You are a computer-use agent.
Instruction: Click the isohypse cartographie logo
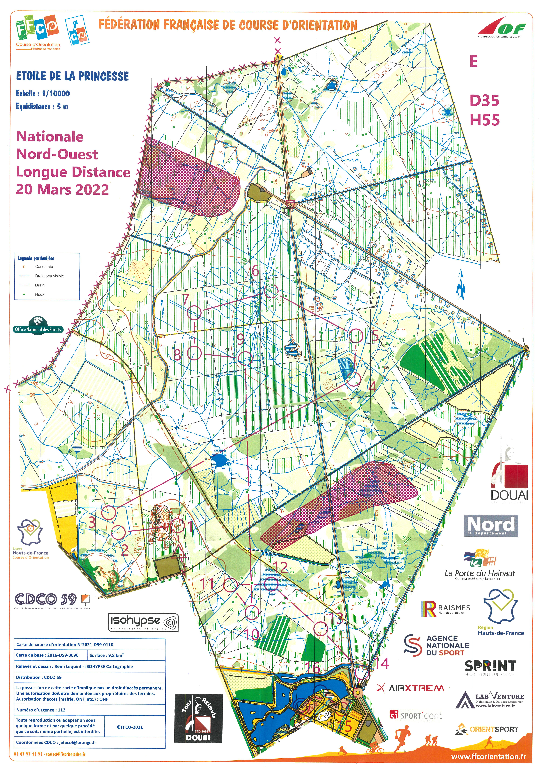click(143, 622)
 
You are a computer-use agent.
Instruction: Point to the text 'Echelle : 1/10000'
click(43, 93)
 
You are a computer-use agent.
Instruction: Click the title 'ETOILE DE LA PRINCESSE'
click(73, 76)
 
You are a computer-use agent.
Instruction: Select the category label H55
click(485, 120)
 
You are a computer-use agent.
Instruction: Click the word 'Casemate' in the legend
click(44, 267)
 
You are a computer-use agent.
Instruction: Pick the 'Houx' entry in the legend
click(40, 295)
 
